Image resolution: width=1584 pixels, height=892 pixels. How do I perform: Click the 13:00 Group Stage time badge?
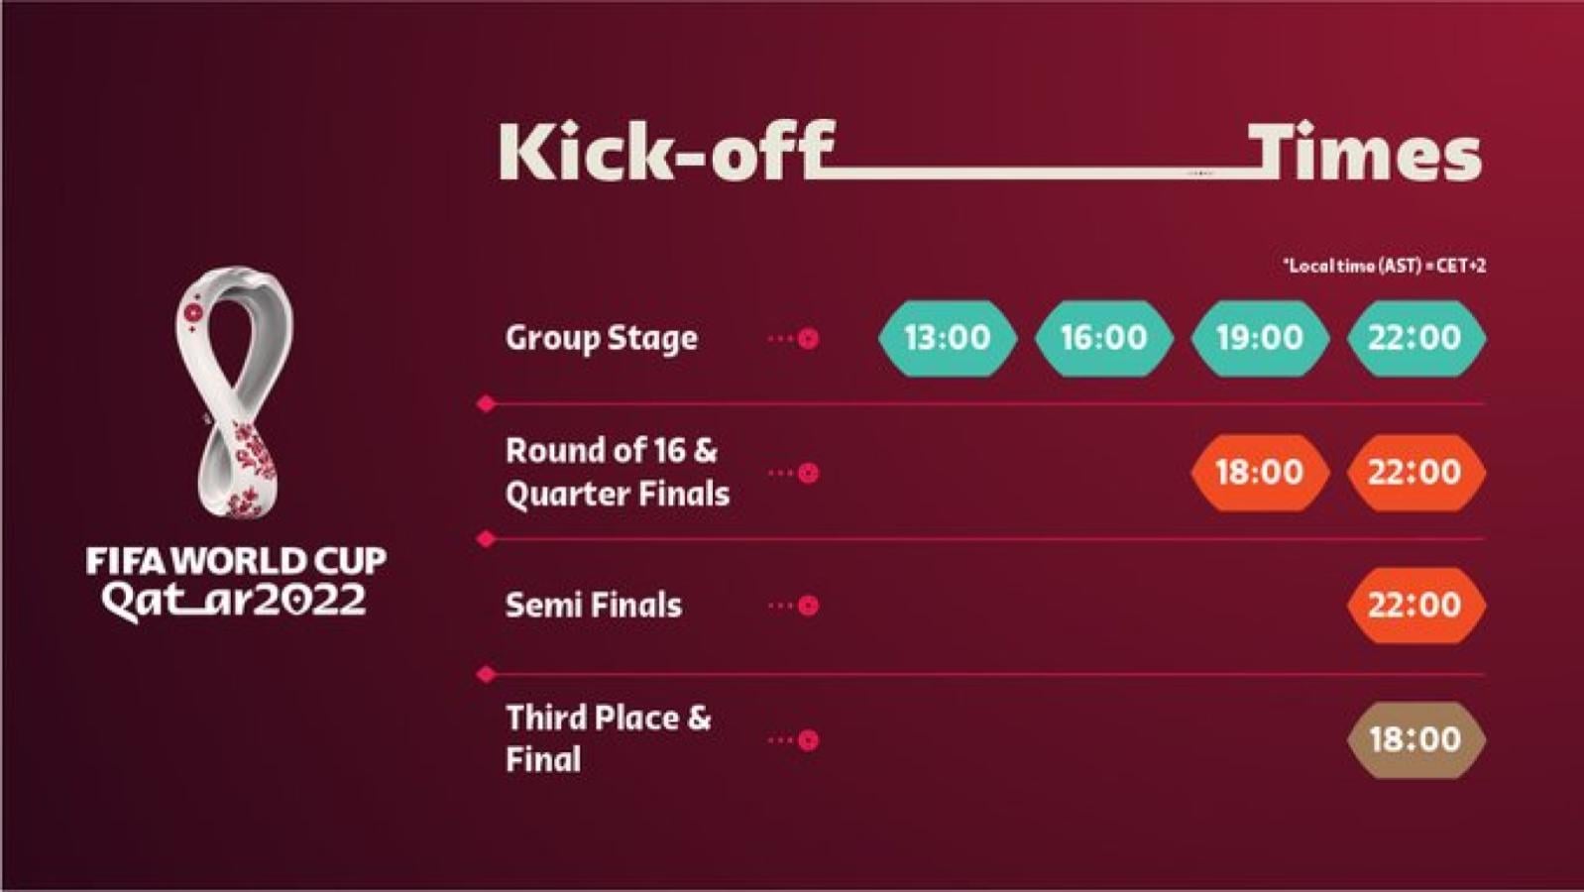tap(947, 338)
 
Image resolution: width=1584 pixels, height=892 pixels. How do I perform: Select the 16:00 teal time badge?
tap(1103, 338)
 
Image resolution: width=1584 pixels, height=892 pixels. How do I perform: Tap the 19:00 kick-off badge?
tap(1259, 338)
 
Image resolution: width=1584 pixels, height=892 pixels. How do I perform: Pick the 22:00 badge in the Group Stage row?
tap(1414, 338)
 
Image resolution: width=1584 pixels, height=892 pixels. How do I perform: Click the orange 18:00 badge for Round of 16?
tap(1259, 472)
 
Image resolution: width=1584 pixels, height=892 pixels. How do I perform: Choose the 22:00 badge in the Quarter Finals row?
tap(1414, 472)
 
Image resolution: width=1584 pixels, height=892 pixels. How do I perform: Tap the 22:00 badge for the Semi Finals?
tap(1414, 605)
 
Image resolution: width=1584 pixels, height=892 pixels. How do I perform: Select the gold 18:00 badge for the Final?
tap(1414, 739)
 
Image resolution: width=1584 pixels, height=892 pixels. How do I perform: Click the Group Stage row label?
tap(601, 338)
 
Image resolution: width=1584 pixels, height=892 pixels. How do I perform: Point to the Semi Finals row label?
tap(593, 605)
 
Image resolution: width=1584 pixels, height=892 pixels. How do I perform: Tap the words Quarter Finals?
tap(617, 494)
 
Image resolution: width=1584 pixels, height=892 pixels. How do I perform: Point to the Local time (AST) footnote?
tap(1384, 266)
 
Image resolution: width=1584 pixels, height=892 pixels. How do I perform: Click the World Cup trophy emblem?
tap(236, 390)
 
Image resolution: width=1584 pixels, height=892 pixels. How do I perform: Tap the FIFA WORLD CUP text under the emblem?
tap(236, 561)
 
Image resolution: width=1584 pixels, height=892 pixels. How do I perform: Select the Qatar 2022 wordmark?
tap(236, 601)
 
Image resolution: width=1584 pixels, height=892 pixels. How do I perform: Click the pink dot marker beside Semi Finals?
tap(808, 606)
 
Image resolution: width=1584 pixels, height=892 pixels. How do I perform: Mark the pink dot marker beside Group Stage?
tap(808, 339)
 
